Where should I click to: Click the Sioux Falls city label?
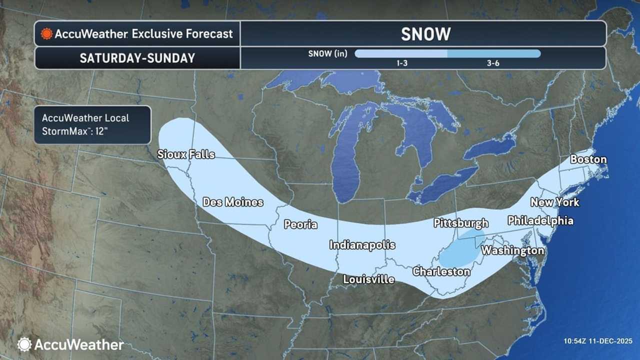coord(186,154)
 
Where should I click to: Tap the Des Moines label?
coord(232,202)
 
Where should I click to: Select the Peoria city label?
coord(300,224)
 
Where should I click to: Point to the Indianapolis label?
coord(362,245)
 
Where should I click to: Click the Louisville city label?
coord(368,279)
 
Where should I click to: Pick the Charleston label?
coord(441,271)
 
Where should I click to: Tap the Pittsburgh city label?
coord(460,223)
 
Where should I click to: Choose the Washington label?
coord(512,250)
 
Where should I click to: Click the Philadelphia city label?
coord(540,220)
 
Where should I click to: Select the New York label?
coord(554,202)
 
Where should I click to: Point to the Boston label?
coord(588,159)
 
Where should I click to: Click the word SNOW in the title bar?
coord(425,34)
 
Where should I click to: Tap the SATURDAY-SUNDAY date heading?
coord(137,58)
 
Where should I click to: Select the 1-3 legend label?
coord(401,64)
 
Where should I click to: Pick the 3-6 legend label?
coord(493,64)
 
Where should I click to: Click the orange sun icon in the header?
coord(46,34)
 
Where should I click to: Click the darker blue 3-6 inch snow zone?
coord(459,252)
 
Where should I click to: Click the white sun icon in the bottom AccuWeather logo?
coord(24,344)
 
